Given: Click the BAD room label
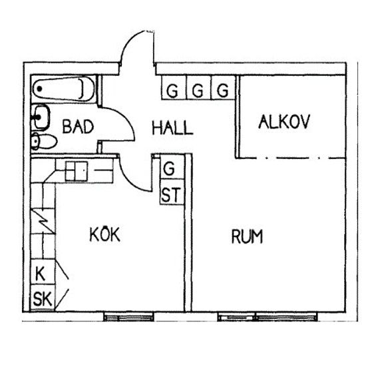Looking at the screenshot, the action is pyautogui.click(x=78, y=126).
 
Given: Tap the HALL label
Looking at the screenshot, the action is pyautogui.click(x=172, y=128).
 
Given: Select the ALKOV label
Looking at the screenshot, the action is pyautogui.click(x=284, y=122).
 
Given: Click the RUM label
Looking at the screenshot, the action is pyautogui.click(x=247, y=236).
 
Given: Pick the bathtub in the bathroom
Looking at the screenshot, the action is pyautogui.click(x=63, y=89).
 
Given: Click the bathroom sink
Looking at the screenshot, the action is pyautogui.click(x=41, y=117).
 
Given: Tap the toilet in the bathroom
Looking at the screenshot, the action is pyautogui.click(x=44, y=141).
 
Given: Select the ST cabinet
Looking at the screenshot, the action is pyautogui.click(x=172, y=192).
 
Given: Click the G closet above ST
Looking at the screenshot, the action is pyautogui.click(x=172, y=167).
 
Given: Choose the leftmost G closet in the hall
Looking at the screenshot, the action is pyautogui.click(x=174, y=88).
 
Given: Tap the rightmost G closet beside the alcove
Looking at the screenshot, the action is pyautogui.click(x=223, y=88).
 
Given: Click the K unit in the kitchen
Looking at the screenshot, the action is pyautogui.click(x=43, y=272).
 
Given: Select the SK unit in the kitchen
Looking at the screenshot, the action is pyautogui.click(x=43, y=297).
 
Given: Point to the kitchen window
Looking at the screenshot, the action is pyautogui.click(x=128, y=317).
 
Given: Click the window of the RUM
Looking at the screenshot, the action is pyautogui.click(x=268, y=317).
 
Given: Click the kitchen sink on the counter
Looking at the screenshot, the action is pyautogui.click(x=77, y=171).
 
